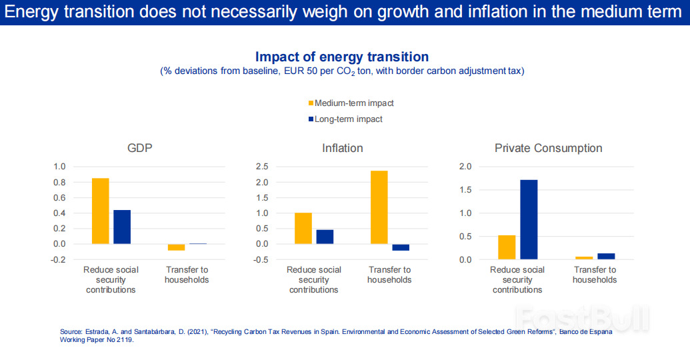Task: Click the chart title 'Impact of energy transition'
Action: [342, 57]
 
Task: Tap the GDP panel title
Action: [140, 148]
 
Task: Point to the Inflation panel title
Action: [342, 148]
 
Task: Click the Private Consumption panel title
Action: [548, 148]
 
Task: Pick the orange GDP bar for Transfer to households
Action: [176, 247]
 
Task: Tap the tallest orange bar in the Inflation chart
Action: [379, 207]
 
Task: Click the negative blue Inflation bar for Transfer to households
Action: [401, 247]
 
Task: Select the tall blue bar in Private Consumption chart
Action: [529, 219]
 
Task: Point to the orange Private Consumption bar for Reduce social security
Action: [507, 247]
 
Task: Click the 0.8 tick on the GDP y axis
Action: [60, 182]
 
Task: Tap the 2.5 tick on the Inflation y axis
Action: [263, 167]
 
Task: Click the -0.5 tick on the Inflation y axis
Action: [261, 259]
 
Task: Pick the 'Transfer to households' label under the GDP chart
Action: [187, 275]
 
